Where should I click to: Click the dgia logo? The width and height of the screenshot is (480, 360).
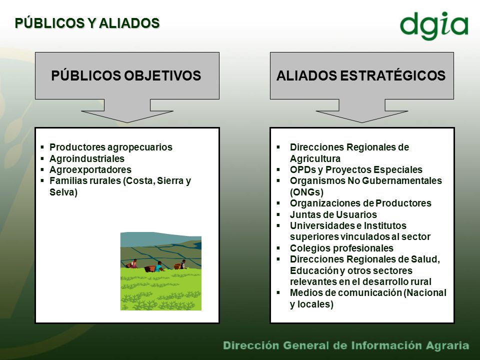click(x=434, y=25)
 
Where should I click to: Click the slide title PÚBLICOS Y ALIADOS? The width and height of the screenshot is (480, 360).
click(x=87, y=23)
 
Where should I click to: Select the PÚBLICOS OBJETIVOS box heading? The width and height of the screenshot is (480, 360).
click(x=126, y=75)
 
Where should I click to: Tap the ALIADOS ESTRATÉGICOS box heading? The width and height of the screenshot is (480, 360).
click(x=361, y=75)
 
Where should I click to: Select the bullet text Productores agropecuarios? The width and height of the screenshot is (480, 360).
click(x=111, y=147)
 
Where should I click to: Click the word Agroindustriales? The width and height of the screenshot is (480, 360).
click(x=87, y=158)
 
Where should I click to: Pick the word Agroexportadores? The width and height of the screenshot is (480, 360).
click(x=90, y=169)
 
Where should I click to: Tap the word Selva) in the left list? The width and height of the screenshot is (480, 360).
click(x=63, y=192)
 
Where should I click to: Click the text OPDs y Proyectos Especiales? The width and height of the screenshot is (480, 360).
click(x=356, y=169)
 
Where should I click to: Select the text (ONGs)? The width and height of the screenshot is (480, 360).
click(x=306, y=192)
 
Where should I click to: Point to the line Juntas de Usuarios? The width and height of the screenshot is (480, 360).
click(x=333, y=214)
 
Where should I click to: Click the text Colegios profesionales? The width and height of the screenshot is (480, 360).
click(x=341, y=248)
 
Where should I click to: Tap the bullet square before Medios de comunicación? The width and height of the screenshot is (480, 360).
click(x=278, y=292)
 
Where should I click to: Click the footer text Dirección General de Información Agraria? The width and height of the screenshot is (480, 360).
click(x=346, y=345)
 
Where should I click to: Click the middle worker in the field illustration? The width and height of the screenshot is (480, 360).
click(x=159, y=266)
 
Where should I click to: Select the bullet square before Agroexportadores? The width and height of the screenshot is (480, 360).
click(x=42, y=169)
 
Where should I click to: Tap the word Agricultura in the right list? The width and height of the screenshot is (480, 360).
click(x=315, y=158)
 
